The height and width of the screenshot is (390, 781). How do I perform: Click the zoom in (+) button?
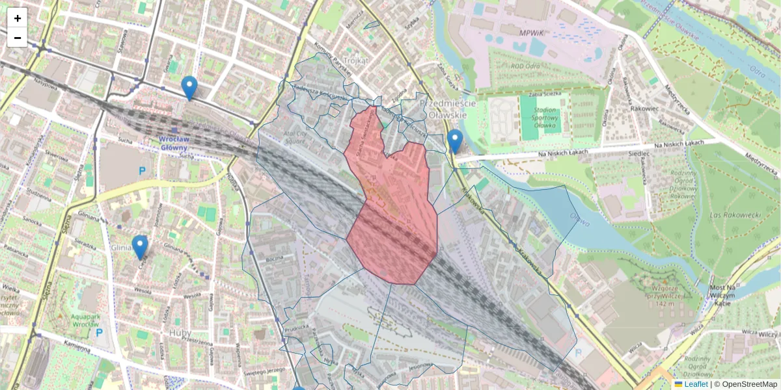pyautogui.click(x=18, y=18)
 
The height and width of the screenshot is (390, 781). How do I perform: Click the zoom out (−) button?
pyautogui.click(x=18, y=38)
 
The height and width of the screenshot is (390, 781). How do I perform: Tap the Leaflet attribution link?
pyautogui.click(x=696, y=384)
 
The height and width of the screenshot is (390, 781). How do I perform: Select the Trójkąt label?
pyautogui.click(x=355, y=60)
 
